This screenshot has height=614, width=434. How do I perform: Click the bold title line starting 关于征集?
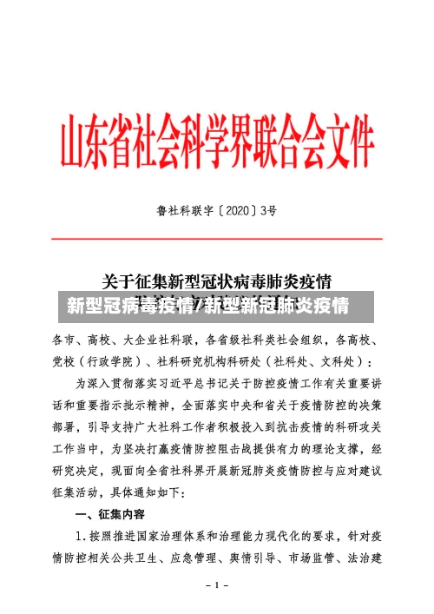[216, 282]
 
